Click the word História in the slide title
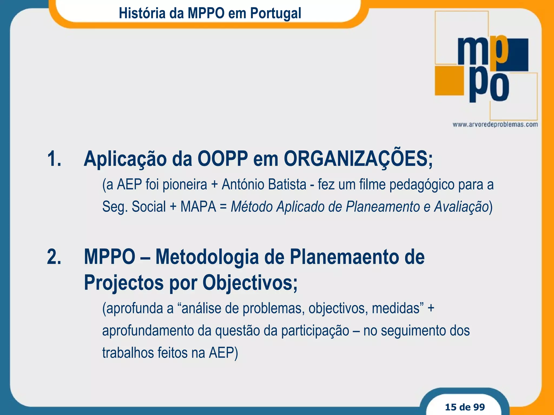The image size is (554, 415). pos(142,13)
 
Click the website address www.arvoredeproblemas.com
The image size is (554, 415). pos(495,125)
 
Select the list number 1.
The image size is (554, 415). pos(54,159)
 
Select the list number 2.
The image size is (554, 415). pos(54,257)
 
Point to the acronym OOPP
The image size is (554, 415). pos(223,159)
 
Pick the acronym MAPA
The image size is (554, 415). pos(198,207)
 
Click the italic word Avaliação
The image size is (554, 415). pos(461,207)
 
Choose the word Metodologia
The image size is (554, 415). pos(207,257)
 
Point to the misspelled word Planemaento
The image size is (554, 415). pos(344,257)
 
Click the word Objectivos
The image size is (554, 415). pos(250,283)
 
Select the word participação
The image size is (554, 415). pos(315,331)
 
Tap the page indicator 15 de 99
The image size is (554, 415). pos(465,407)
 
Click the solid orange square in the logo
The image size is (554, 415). pos(449,81)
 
